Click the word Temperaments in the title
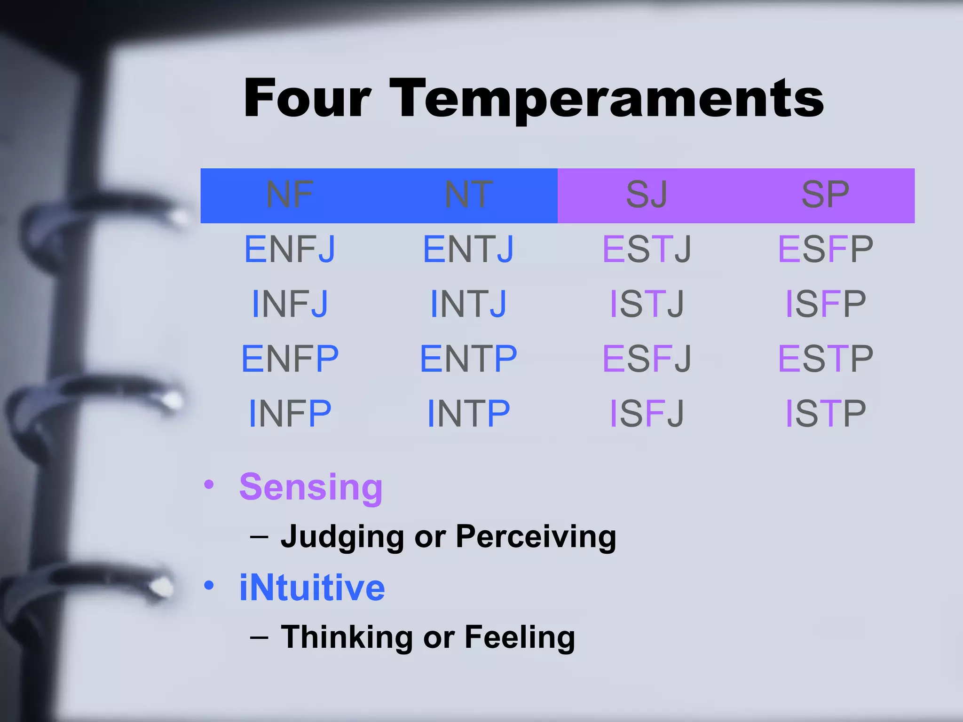point(607,99)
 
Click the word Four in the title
point(308,99)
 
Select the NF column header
point(290,195)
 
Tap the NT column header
point(468,195)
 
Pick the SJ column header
point(647,195)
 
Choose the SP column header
point(825,195)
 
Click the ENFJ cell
point(290,250)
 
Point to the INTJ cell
point(468,304)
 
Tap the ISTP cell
point(825,414)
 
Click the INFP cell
point(290,414)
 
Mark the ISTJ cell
point(647,304)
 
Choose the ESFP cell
point(825,250)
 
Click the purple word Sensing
point(311,488)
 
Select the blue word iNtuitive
point(312,588)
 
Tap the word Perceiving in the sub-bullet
point(536,537)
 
